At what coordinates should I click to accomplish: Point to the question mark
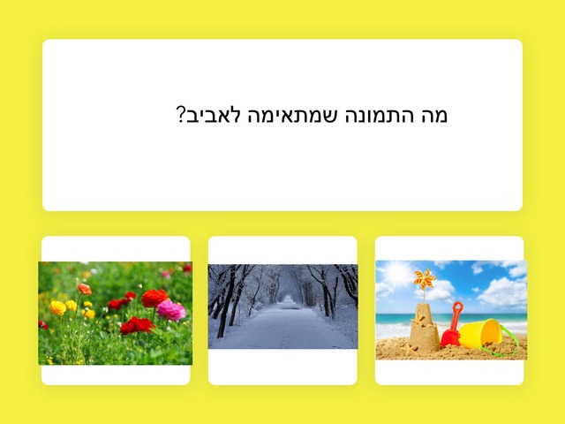click(x=180, y=114)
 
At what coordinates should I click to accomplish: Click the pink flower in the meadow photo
click(x=170, y=310)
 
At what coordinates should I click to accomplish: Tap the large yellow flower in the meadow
click(x=57, y=307)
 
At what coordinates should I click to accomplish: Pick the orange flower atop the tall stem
click(x=85, y=289)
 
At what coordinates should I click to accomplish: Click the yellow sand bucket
click(x=480, y=334)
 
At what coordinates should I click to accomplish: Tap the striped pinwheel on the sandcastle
click(x=424, y=279)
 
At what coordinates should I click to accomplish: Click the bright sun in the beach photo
click(x=397, y=273)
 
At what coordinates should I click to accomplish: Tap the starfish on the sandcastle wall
click(x=418, y=320)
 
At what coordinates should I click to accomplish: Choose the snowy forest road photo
click(x=282, y=307)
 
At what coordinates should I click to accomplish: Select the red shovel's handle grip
click(x=457, y=307)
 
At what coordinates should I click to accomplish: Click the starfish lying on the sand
click(x=409, y=348)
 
